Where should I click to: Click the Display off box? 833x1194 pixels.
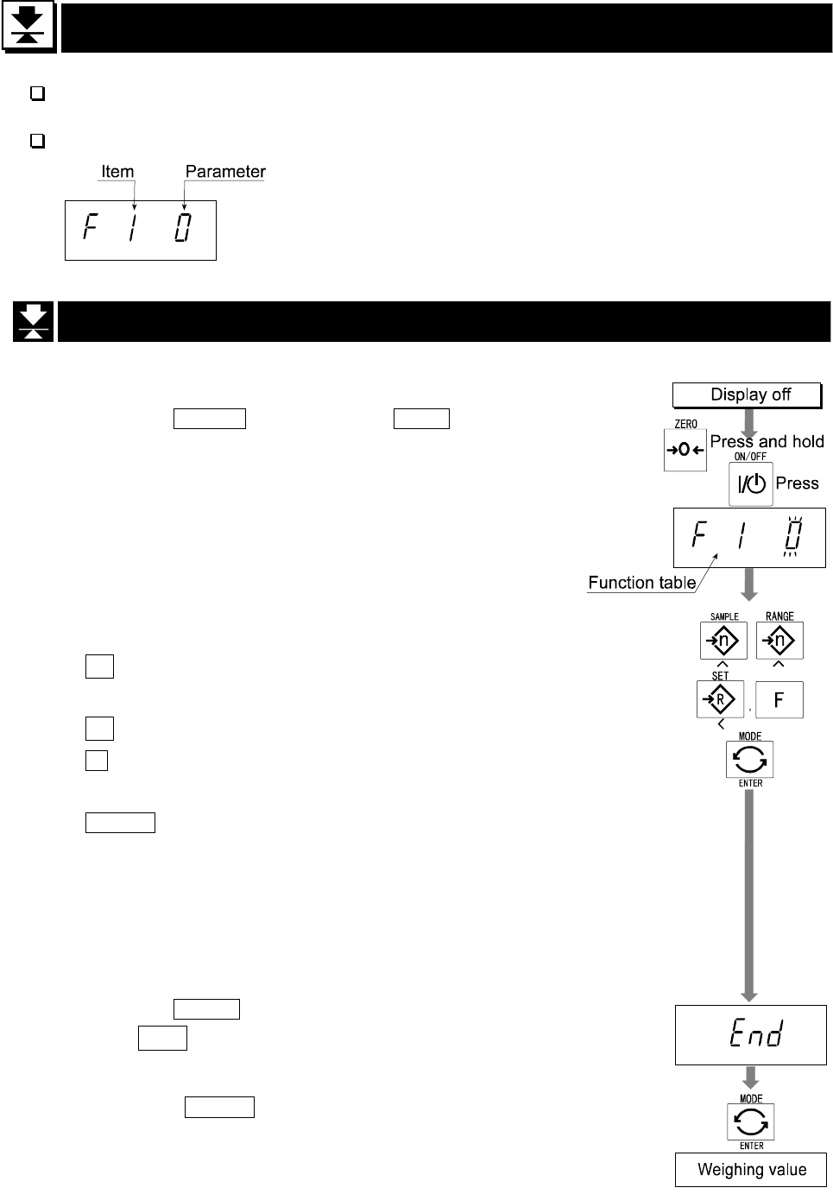[750, 395]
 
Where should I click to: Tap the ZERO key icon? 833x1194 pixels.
[685, 450]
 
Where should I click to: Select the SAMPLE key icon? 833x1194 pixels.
[723, 641]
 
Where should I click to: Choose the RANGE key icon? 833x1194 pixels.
[779, 641]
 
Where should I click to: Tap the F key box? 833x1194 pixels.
[779, 699]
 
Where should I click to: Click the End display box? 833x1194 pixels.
[750, 1034]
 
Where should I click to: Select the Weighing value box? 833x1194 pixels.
[751, 1170]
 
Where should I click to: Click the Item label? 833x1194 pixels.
[117, 171]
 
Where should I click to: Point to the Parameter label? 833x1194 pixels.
[225, 171]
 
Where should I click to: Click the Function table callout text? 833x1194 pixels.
[641, 582]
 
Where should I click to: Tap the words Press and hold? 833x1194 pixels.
[767, 441]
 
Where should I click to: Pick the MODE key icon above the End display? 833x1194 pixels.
[749, 760]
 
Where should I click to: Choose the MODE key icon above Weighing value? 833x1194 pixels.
[750, 1122]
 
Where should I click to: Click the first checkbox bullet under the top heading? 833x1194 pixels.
[37, 94]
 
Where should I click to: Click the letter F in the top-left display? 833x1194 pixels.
[89, 229]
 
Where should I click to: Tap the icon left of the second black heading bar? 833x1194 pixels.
[33, 321]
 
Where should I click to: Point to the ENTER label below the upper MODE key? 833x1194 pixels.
[750, 783]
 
